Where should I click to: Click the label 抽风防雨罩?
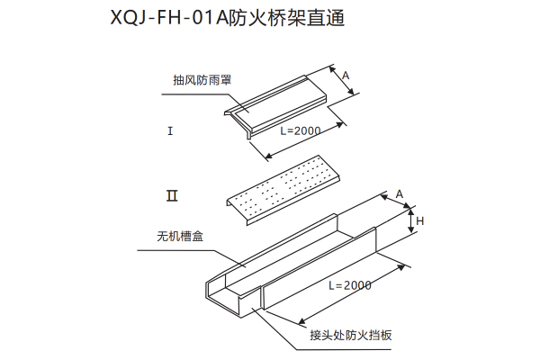coord(202,79)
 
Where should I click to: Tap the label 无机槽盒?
coord(180,238)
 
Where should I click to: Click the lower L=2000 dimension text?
coord(349,285)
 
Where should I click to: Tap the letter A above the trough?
coord(399,193)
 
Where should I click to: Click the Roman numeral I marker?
coord(169,131)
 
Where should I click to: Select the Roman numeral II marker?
coord(171,194)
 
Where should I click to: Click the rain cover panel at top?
coord(283,95)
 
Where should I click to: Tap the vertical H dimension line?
coord(410,220)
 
